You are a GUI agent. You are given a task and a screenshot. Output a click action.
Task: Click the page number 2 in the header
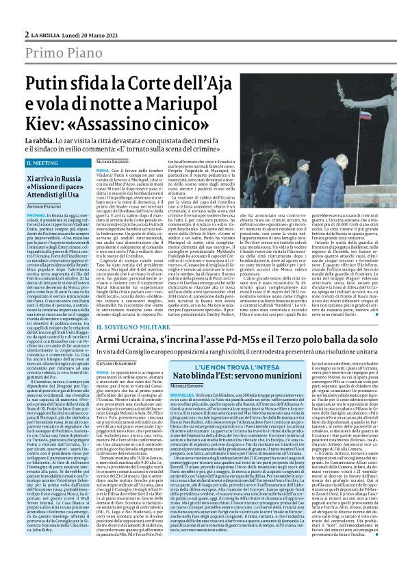27,33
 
